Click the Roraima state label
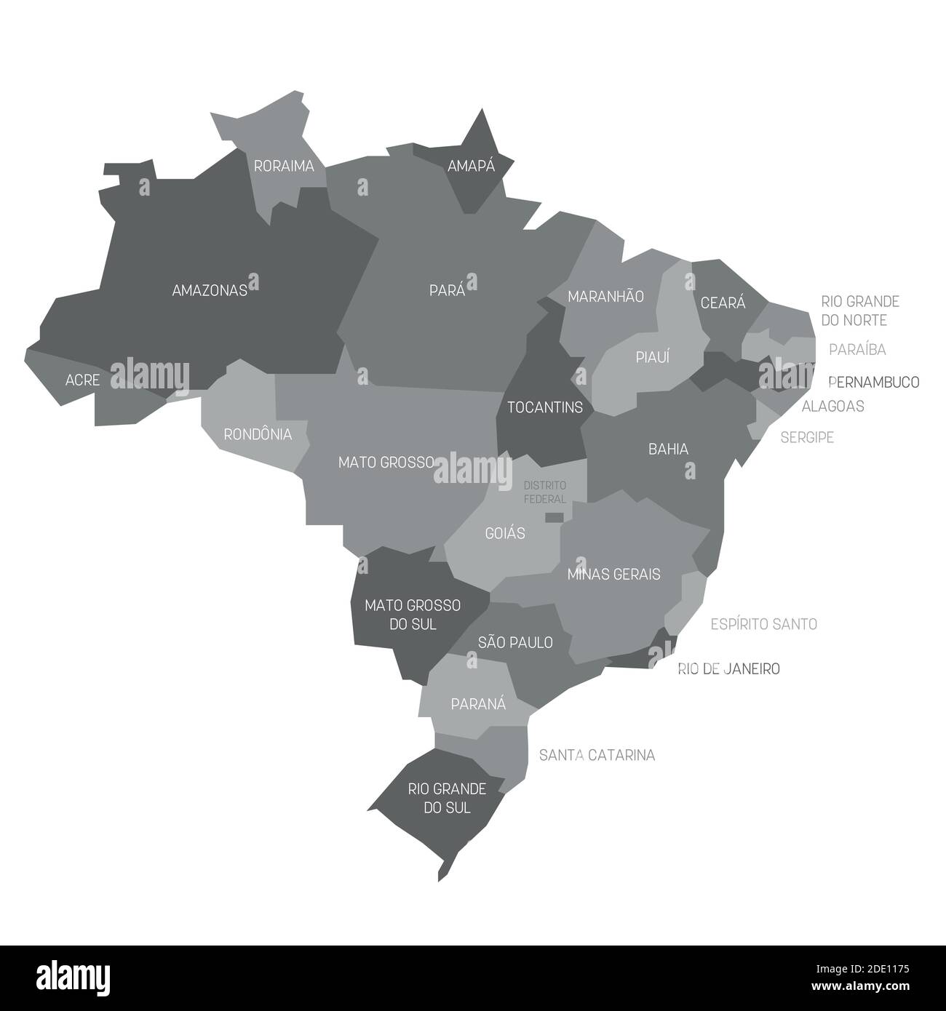pyautogui.click(x=284, y=166)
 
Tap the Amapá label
pyautogui.click(x=471, y=166)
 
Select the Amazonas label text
pyautogui.click(x=210, y=290)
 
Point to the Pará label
pyautogui.click(x=447, y=290)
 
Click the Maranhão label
pyautogui.click(x=605, y=296)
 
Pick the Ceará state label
pyautogui.click(x=723, y=303)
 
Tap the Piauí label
pyautogui.click(x=652, y=357)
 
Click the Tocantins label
pyautogui.click(x=545, y=407)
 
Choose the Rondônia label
pyautogui.click(x=258, y=434)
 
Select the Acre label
pyautogui.click(x=82, y=380)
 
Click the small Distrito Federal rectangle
pyautogui.click(x=555, y=517)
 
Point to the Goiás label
pyautogui.click(x=504, y=533)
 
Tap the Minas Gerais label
pyautogui.click(x=613, y=574)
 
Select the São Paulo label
pyautogui.click(x=515, y=642)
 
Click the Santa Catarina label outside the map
pyautogui.click(x=597, y=755)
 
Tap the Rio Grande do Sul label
pyautogui.click(x=437, y=798)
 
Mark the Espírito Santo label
pyautogui.click(x=763, y=624)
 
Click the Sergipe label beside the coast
pyautogui.click(x=807, y=437)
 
